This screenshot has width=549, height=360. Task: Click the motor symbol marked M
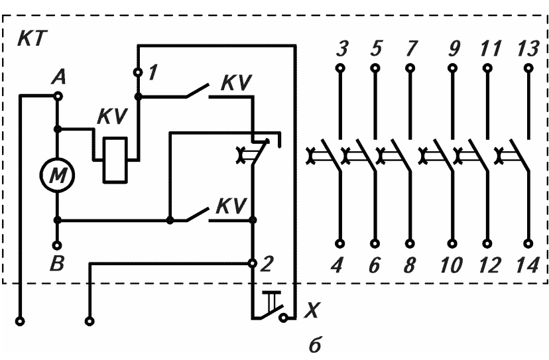[x=57, y=175]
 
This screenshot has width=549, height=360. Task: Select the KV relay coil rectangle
[x=115, y=160]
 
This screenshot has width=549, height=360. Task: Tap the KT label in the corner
[x=32, y=38]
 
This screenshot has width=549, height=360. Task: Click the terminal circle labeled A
[x=58, y=96]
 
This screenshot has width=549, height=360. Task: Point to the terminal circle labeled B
[x=57, y=245]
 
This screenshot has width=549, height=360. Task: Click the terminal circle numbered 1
[x=139, y=72]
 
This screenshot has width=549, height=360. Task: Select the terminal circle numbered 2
[x=252, y=263]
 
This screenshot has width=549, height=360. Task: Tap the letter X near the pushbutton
[x=310, y=310]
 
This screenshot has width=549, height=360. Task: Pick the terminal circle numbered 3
[x=340, y=68]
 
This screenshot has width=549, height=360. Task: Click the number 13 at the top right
[x=527, y=48]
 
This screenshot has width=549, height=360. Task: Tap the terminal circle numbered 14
[x=528, y=243]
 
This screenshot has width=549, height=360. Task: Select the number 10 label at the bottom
[x=451, y=265]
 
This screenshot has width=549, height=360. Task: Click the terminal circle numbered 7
[x=410, y=68]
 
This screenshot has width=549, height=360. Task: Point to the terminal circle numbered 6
[x=375, y=243]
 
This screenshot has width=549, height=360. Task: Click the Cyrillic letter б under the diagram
[x=315, y=345]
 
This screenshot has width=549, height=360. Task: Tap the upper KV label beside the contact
[x=236, y=83]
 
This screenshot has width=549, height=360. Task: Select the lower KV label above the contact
[x=231, y=206]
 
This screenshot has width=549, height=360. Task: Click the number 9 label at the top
[x=454, y=48]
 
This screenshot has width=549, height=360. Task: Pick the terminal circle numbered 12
[x=487, y=243]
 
